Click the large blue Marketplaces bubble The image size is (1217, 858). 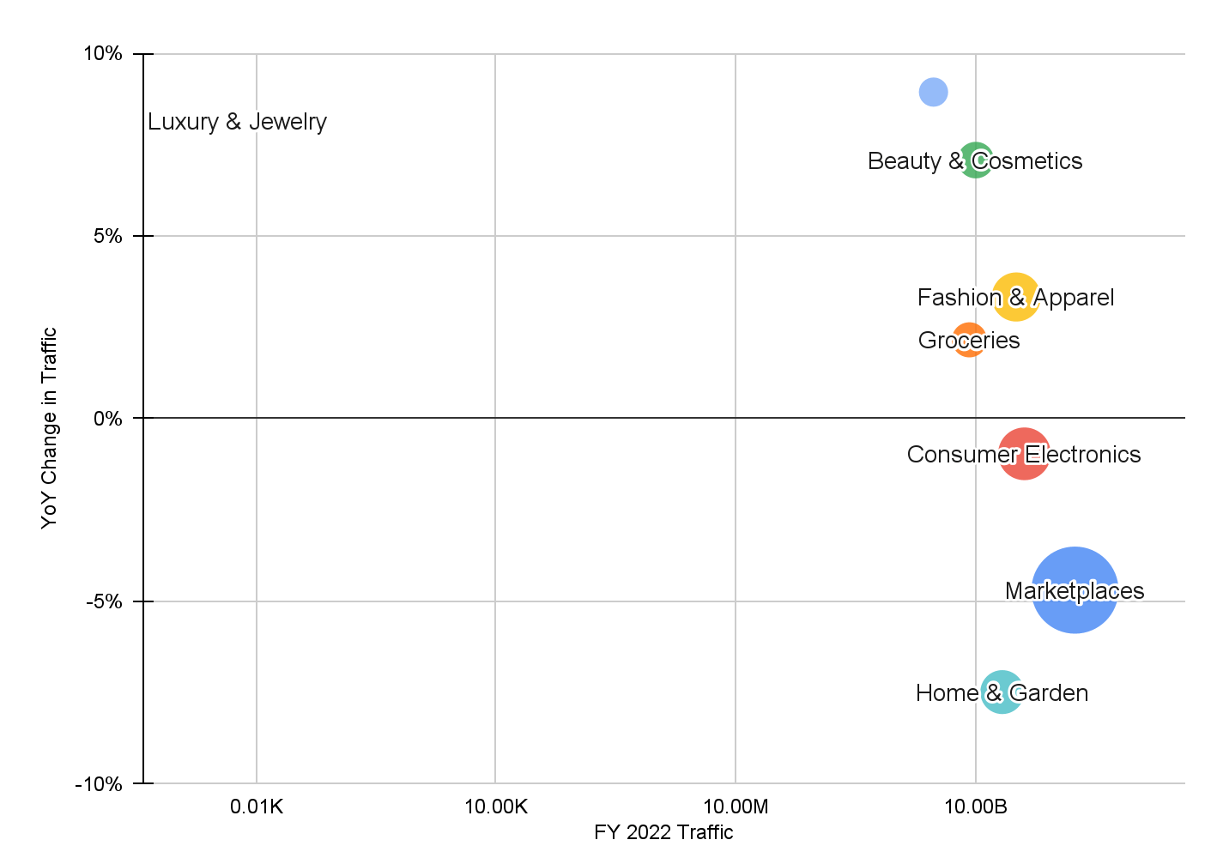tap(1074, 590)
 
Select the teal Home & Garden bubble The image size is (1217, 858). tap(1002, 692)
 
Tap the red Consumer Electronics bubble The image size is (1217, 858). tap(1024, 454)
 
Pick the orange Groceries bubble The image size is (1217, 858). tap(969, 340)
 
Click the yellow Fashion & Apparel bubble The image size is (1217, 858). tap(1016, 297)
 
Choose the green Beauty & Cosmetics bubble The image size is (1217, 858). tap(976, 160)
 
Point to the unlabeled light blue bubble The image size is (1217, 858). tap(933, 92)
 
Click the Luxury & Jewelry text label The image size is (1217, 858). tap(237, 122)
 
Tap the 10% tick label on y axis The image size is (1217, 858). tap(103, 54)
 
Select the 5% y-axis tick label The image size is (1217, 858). tap(108, 236)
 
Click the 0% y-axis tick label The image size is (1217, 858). tap(108, 419)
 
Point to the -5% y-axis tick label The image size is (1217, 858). tap(105, 601)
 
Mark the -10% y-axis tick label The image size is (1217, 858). tap(100, 784)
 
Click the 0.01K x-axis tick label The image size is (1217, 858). tap(256, 807)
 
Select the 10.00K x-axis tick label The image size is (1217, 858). tap(495, 807)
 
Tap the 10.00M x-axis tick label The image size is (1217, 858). tap(736, 807)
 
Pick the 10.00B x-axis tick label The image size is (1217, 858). tap(976, 807)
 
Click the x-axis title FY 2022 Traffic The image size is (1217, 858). tap(663, 832)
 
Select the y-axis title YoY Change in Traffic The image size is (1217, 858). tap(50, 427)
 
